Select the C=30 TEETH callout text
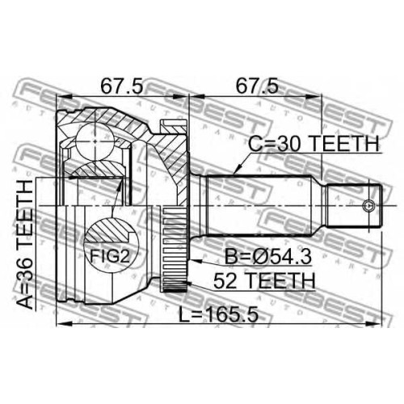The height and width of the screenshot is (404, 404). point(314,144)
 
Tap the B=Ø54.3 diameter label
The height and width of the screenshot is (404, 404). point(268,257)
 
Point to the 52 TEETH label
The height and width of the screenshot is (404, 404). point(264,280)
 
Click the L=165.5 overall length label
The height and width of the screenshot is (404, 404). point(219,314)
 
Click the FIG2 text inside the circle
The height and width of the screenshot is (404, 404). point(110,256)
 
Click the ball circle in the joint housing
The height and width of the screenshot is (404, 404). point(95,141)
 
